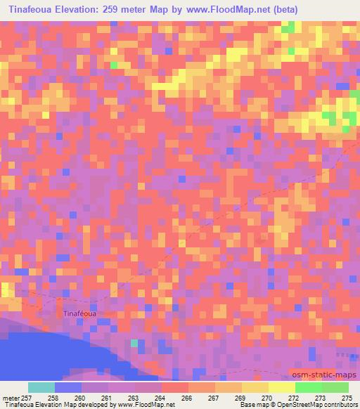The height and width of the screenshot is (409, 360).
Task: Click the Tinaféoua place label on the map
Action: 79,313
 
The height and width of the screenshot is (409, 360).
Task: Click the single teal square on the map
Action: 134,343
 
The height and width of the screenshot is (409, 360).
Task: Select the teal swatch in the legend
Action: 41,387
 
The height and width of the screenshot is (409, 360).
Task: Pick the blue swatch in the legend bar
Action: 68,387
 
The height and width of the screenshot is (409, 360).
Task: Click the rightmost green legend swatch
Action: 335,387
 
